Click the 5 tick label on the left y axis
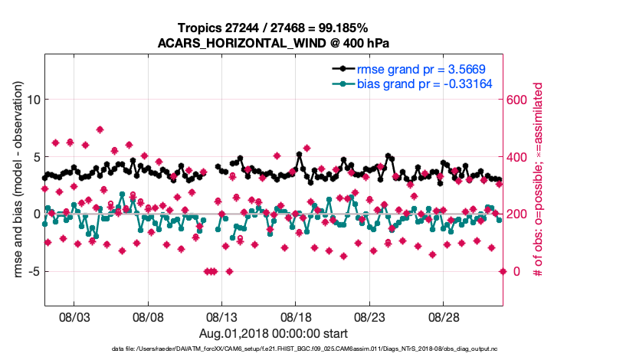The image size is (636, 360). coord(33,157)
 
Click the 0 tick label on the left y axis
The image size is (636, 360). coord(33,214)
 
